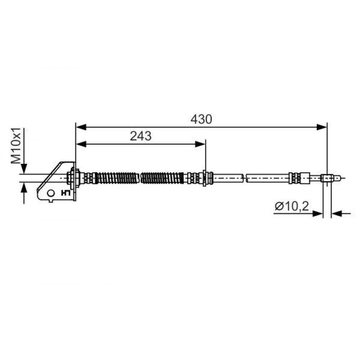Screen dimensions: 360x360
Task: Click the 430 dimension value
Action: click(201, 120)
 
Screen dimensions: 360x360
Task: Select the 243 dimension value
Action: click(141, 136)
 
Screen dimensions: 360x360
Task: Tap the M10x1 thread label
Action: click(16, 146)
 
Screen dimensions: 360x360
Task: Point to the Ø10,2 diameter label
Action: click(292, 206)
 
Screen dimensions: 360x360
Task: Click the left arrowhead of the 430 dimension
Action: click(81, 127)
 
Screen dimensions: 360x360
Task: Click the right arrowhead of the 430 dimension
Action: click(321, 127)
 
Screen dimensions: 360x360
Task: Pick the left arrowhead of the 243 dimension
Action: click(81, 144)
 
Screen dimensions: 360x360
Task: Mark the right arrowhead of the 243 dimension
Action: click(200, 144)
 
